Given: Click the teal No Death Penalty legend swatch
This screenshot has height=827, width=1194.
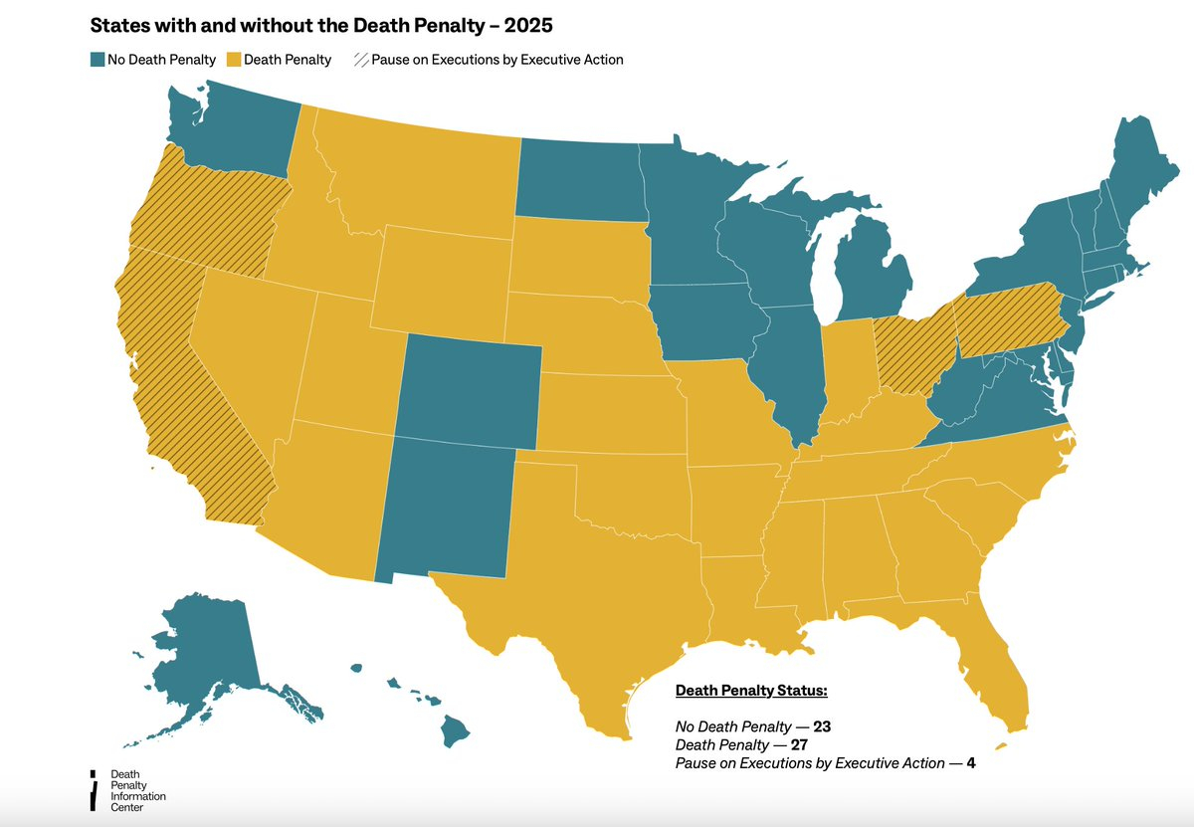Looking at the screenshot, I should pyautogui.click(x=98, y=60).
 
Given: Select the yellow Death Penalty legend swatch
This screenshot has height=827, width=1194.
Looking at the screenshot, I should pyautogui.click(x=234, y=60).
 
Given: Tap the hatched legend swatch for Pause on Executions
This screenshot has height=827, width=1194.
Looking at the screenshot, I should pyautogui.click(x=359, y=60).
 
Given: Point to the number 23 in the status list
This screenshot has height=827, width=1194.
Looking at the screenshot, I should pyautogui.click(x=821, y=726).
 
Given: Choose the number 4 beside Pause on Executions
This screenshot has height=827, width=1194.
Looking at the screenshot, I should pyautogui.click(x=983, y=763).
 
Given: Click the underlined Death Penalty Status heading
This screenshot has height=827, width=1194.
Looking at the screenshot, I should pyautogui.click(x=751, y=690).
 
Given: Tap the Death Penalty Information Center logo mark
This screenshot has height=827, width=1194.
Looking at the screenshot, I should pyautogui.click(x=93, y=790).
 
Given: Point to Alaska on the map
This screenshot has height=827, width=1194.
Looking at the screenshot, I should pyautogui.click(x=204, y=647).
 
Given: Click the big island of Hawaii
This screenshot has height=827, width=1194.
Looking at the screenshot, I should pyautogui.click(x=455, y=731).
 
